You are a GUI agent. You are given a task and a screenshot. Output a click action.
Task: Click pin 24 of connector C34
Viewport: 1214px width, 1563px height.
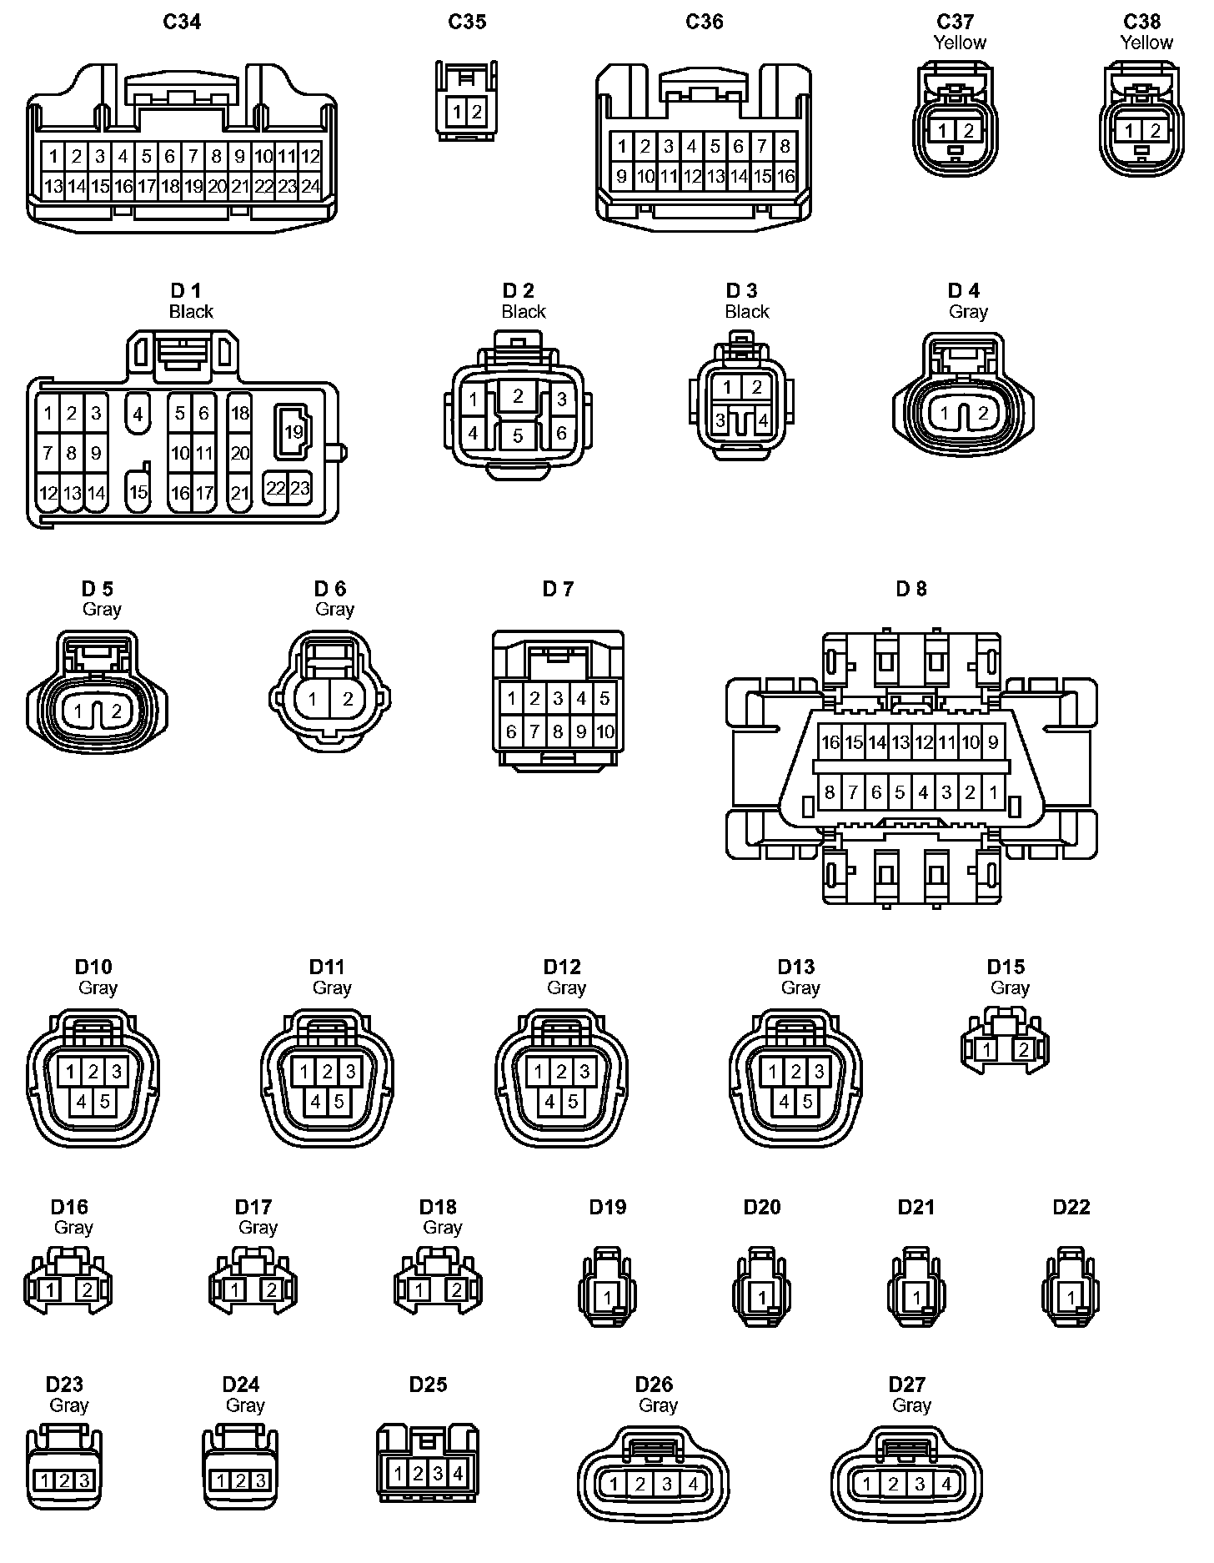tap(310, 187)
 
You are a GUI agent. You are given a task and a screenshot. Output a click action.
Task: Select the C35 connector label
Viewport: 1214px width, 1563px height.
tap(467, 22)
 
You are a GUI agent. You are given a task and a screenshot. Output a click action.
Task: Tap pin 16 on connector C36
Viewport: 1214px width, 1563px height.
tap(785, 177)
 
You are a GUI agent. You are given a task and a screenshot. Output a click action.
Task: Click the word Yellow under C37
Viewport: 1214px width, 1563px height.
tap(960, 43)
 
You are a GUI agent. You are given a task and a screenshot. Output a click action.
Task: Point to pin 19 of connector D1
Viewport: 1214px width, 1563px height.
tap(293, 432)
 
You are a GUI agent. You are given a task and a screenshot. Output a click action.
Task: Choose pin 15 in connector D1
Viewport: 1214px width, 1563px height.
tap(138, 492)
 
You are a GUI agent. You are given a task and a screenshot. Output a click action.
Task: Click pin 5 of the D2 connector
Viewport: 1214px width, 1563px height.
tap(518, 435)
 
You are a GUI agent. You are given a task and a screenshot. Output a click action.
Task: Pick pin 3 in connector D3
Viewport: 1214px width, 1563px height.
tap(721, 420)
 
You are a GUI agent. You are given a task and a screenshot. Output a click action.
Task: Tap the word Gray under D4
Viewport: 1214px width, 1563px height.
tap(968, 312)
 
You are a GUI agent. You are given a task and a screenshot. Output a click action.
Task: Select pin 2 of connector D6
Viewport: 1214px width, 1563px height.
tap(348, 699)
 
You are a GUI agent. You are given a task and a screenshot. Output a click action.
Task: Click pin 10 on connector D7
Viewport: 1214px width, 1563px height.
tap(605, 732)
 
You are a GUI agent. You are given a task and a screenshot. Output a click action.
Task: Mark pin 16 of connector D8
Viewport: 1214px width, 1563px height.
tap(830, 742)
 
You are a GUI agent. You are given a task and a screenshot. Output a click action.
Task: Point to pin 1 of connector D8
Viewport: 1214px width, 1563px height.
tap(993, 792)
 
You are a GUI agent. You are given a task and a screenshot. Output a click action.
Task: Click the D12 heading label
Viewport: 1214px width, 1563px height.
tap(562, 967)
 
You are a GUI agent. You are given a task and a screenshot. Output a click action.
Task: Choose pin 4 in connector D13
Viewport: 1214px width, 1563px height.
tap(785, 1102)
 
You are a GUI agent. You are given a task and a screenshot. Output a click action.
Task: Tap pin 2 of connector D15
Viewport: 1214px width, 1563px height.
tap(1023, 1050)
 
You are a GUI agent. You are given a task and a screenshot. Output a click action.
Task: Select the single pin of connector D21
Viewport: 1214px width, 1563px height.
tap(917, 1298)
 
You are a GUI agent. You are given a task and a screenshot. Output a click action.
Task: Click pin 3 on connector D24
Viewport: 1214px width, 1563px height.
tap(260, 1480)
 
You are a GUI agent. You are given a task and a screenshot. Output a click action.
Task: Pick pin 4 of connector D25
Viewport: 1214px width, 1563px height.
tap(458, 1474)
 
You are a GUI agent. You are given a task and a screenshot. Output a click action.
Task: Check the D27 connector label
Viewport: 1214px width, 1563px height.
tap(907, 1385)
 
